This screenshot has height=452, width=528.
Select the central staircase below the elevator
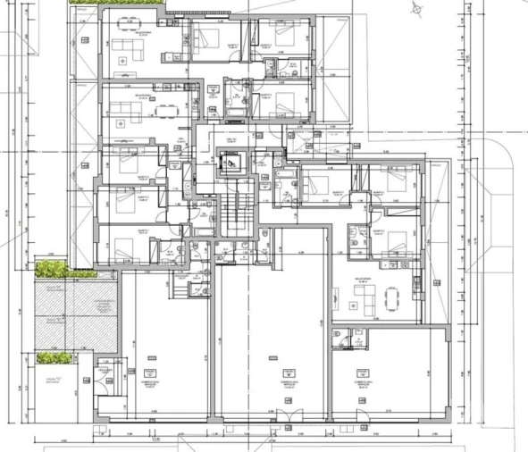[x=237, y=213]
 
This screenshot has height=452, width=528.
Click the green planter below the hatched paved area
[x=54, y=358]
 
